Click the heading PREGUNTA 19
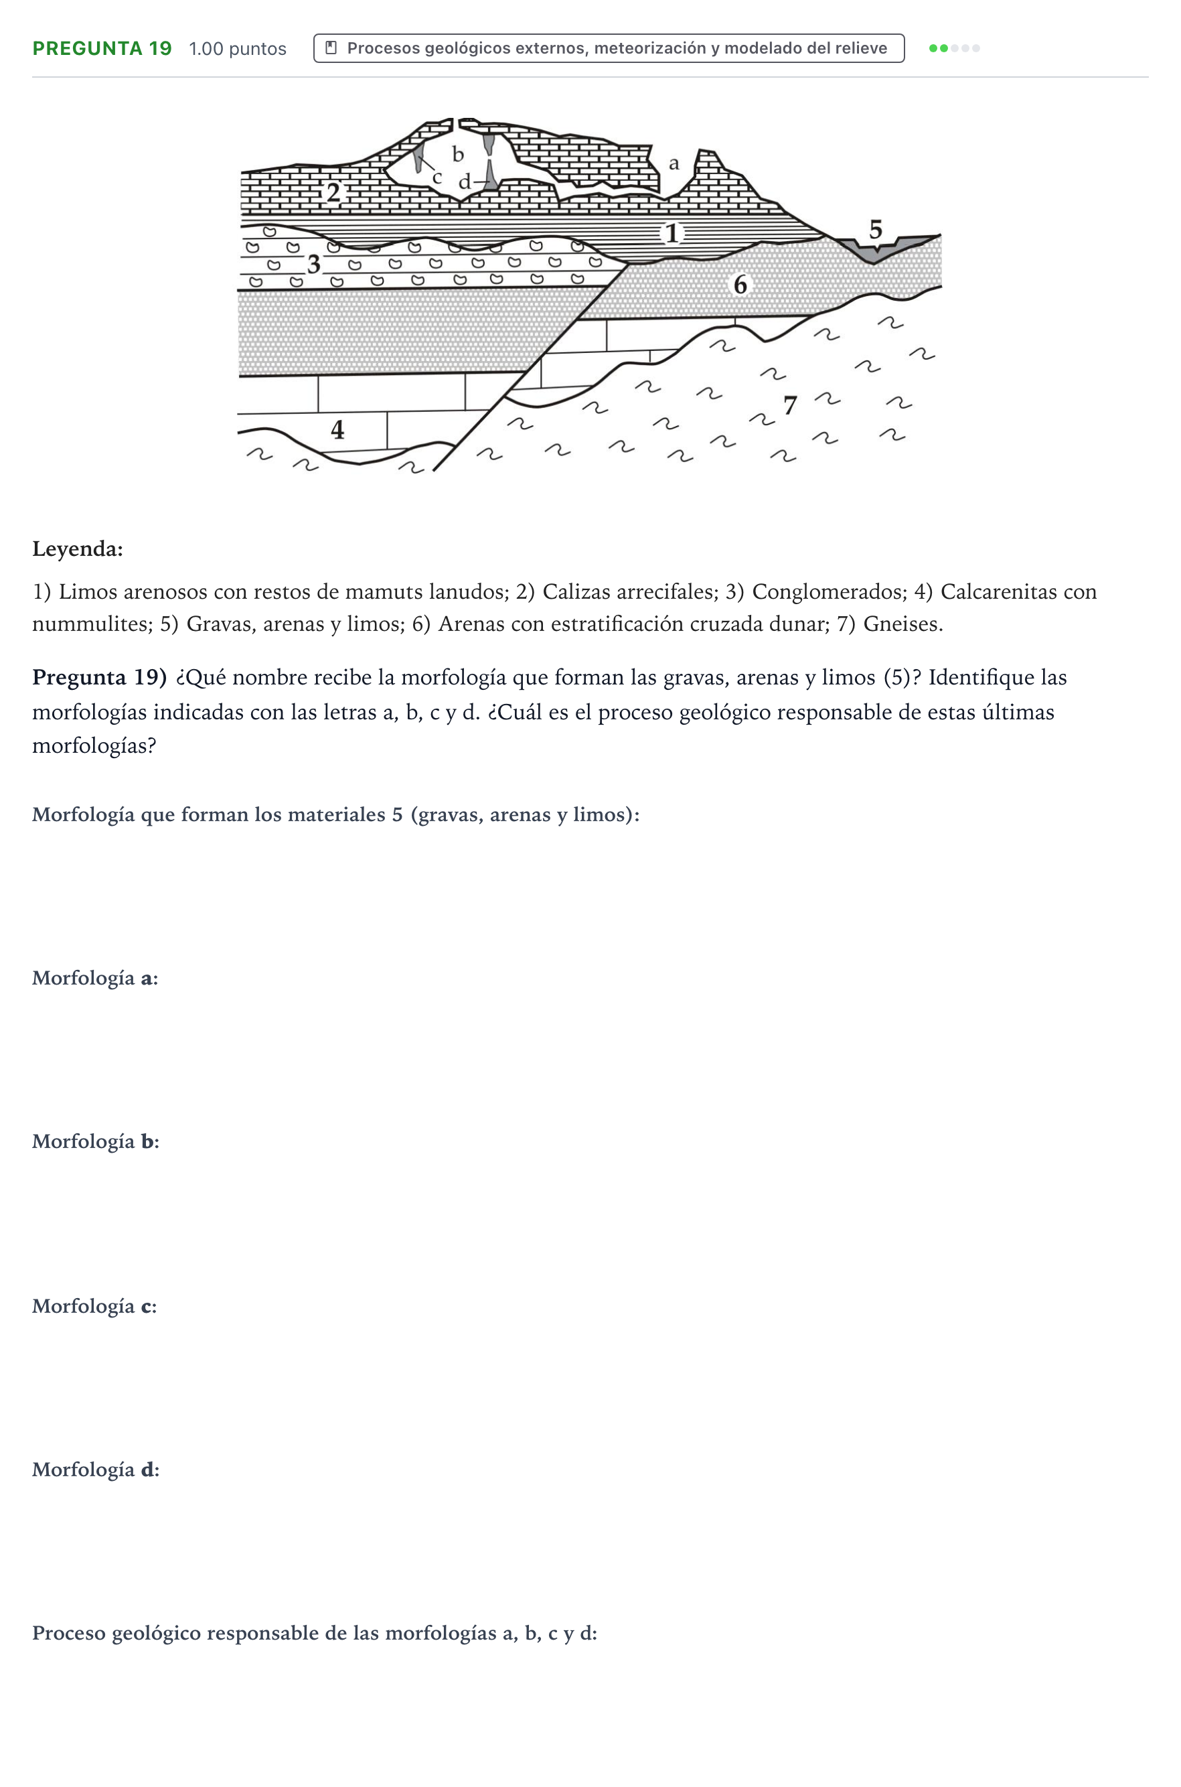click(x=102, y=48)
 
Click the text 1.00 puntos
click(x=237, y=49)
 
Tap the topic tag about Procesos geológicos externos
click(x=609, y=48)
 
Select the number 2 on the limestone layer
click(x=333, y=193)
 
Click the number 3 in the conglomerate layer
click(x=314, y=264)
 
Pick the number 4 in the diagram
click(x=337, y=429)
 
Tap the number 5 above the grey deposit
click(x=875, y=229)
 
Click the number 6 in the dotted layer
click(x=740, y=285)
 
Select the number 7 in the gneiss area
click(x=790, y=405)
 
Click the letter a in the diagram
click(x=674, y=163)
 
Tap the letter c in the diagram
click(x=437, y=177)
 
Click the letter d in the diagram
click(x=465, y=181)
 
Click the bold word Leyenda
click(x=78, y=549)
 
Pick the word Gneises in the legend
click(x=903, y=624)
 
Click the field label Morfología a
click(x=95, y=978)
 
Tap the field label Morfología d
click(x=96, y=1469)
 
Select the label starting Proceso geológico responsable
click(x=315, y=1634)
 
